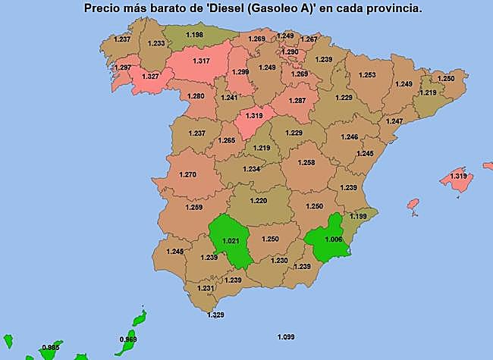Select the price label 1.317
[202, 61]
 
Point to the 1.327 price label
[150, 77]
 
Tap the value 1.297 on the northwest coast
[121, 67]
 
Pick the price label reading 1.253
[367, 75]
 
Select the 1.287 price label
[297, 100]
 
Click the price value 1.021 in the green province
[230, 241]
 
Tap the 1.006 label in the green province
[333, 239]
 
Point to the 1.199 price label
[358, 216]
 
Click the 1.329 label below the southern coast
[215, 315]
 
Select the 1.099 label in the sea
[286, 337]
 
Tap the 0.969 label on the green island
[128, 340]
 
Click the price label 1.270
[187, 174]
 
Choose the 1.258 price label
[306, 162]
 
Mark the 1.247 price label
[394, 121]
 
